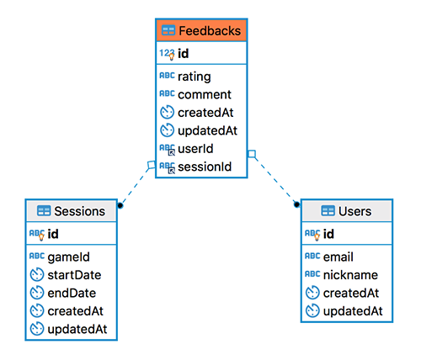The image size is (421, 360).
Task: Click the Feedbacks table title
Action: pyautogui.click(x=210, y=30)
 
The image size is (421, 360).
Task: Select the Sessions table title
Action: pyautogui.click(x=80, y=211)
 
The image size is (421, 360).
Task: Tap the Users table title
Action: pyautogui.click(x=354, y=211)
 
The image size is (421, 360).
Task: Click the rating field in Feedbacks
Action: pyautogui.click(x=195, y=77)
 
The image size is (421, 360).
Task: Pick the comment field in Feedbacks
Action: pyautogui.click(x=205, y=94)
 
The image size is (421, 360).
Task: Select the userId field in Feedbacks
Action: pyautogui.click(x=195, y=149)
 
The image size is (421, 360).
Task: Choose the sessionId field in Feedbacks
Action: pyautogui.click(x=205, y=167)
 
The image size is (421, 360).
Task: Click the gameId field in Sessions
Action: pyautogui.click(x=69, y=257)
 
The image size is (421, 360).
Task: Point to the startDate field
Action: pyautogui.click(x=74, y=275)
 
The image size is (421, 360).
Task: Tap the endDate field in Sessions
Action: pyautogui.click(x=72, y=293)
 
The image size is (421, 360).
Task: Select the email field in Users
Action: pyautogui.click(x=338, y=257)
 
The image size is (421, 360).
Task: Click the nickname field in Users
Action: pyautogui.click(x=350, y=275)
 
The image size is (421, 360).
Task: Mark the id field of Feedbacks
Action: pyautogui.click(x=184, y=53)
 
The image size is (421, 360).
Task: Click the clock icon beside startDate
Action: pyautogui.click(x=37, y=274)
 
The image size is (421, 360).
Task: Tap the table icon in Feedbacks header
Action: pyautogui.click(x=168, y=30)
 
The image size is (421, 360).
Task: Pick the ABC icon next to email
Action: pyautogui.click(x=312, y=256)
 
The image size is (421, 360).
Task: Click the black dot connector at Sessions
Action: pyautogui.click(x=120, y=205)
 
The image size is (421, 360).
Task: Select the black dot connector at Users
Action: pyautogui.click(x=296, y=204)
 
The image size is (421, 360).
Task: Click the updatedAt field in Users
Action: pyautogui.click(x=353, y=311)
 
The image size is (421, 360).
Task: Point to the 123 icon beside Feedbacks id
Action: pyautogui.click(x=167, y=53)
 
